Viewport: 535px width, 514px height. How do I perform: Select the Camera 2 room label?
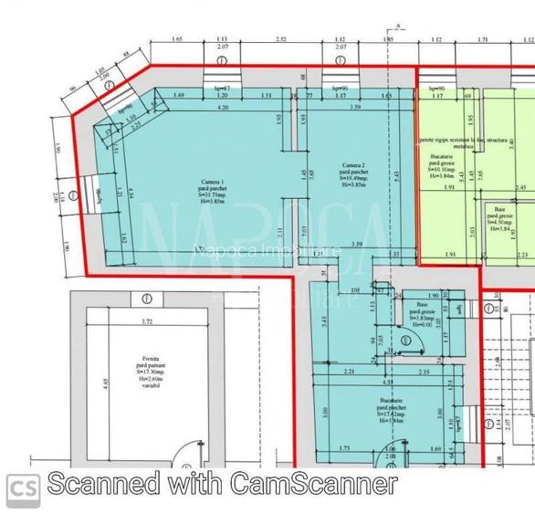click(351, 166)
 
